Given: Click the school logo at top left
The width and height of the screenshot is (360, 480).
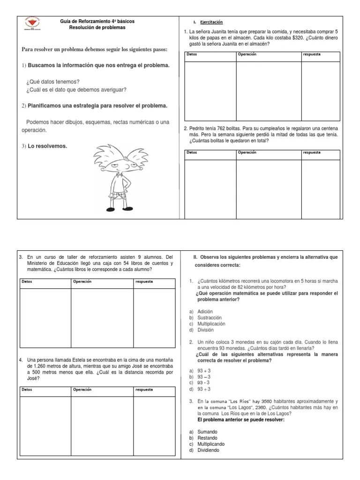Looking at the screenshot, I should click(x=32, y=24).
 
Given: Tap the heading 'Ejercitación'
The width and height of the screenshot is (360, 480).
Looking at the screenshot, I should click(x=211, y=22).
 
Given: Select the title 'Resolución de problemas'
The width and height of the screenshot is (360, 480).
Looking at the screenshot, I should click(x=97, y=28).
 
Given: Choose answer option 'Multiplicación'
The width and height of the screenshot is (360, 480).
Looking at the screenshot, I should click(x=211, y=324).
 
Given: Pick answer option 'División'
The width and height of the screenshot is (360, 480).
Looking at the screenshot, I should click(x=205, y=330).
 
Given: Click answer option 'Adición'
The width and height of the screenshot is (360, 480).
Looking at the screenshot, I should click(x=205, y=312).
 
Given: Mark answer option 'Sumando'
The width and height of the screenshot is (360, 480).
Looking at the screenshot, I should click(x=207, y=432).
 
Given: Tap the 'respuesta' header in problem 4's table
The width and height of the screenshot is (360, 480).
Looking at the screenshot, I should click(x=143, y=390).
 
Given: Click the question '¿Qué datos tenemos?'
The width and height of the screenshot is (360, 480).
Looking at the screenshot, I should click(x=53, y=82).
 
